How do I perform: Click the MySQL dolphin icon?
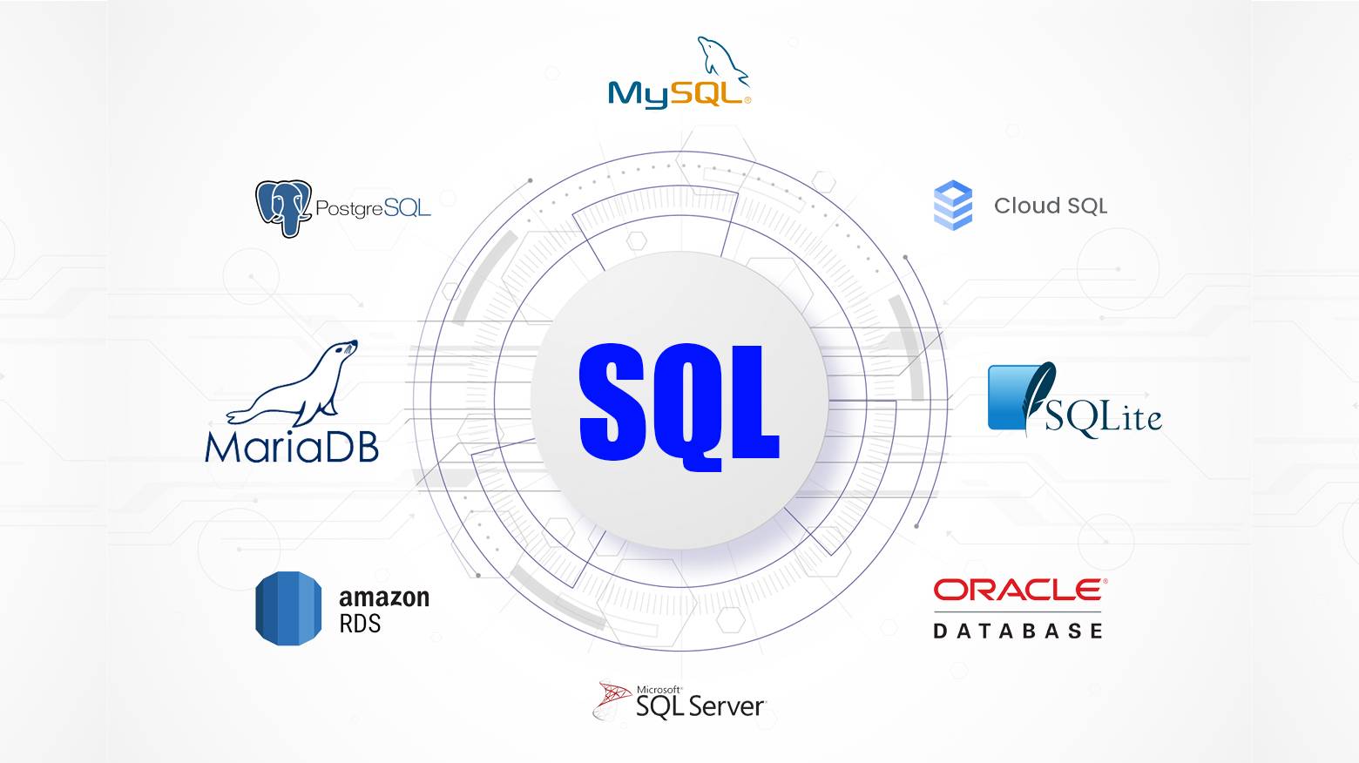point(721,59)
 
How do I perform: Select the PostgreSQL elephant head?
point(284,206)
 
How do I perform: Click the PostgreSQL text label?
point(373,208)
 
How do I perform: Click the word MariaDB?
point(292,445)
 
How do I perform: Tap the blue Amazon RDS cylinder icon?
point(288,609)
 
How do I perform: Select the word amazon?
point(384,598)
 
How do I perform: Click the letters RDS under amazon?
point(360,624)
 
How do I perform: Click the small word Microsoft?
point(659,689)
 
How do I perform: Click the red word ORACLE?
point(1018,591)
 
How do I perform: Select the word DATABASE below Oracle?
point(1018,631)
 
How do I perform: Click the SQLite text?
point(1103,417)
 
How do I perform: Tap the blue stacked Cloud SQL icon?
point(953,206)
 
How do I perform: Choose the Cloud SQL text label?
point(1051,206)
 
